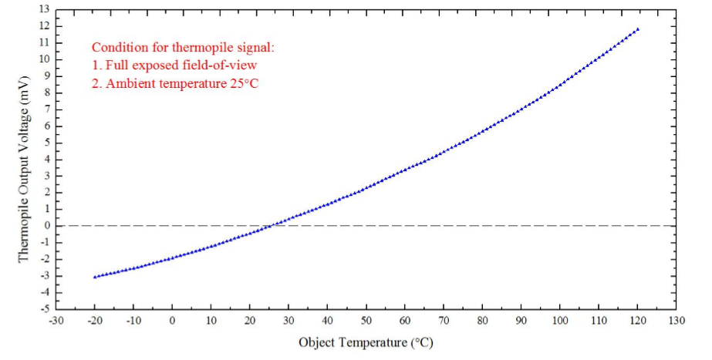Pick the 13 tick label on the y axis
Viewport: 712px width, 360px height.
(x=43, y=9)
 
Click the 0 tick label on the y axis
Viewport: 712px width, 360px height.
(x=46, y=226)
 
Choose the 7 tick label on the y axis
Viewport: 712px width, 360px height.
(x=46, y=109)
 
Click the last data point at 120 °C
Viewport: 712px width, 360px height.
(x=637, y=29)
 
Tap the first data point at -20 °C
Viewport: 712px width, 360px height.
(x=95, y=277)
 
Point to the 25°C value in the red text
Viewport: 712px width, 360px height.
(x=242, y=83)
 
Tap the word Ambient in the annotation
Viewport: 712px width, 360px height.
(x=129, y=83)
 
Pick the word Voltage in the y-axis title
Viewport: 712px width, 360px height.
(x=24, y=126)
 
